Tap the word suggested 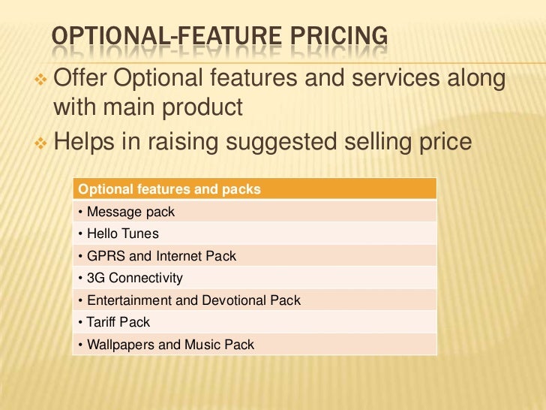click(x=310, y=141)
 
